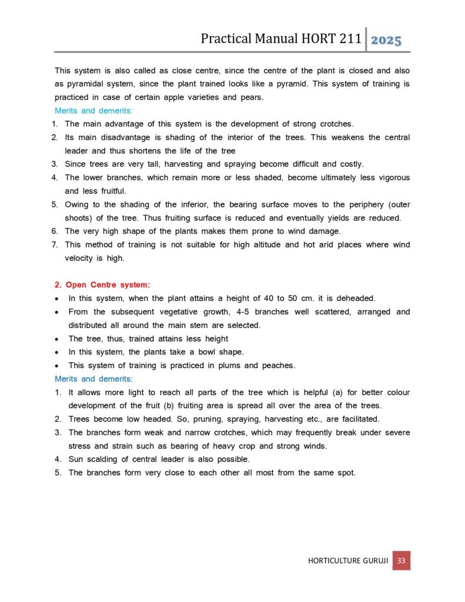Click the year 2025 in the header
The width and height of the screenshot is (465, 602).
coord(386,40)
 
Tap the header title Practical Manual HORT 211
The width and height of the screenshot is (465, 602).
coord(280,39)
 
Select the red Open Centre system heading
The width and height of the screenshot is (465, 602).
coord(102,285)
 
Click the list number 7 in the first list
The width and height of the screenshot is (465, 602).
coord(53,244)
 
